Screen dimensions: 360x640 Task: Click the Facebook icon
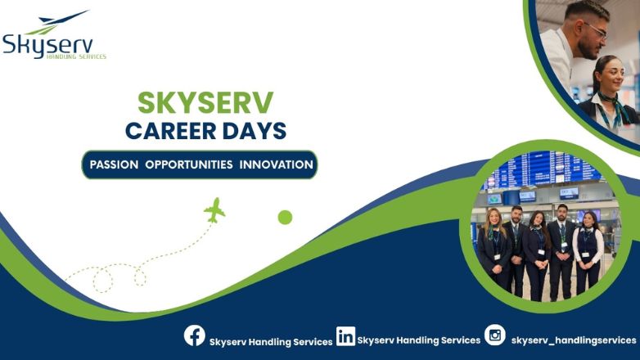pyautogui.click(x=194, y=335)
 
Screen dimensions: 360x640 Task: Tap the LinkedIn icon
pyautogui.click(x=346, y=335)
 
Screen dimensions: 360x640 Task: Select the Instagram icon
pyautogui.click(x=494, y=335)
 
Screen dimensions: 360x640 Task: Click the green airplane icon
pyautogui.click(x=214, y=209)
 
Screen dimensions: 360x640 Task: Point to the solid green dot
pyautogui.click(x=285, y=217)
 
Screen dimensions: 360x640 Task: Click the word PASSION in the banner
pyautogui.click(x=114, y=164)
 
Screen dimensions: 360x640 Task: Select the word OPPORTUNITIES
pyautogui.click(x=189, y=164)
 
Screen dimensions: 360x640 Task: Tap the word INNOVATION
pyautogui.click(x=277, y=164)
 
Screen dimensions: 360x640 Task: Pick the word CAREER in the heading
pyautogui.click(x=172, y=130)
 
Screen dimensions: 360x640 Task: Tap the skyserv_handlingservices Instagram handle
pyautogui.click(x=573, y=340)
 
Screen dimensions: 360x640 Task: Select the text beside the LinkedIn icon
pyautogui.click(x=419, y=340)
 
